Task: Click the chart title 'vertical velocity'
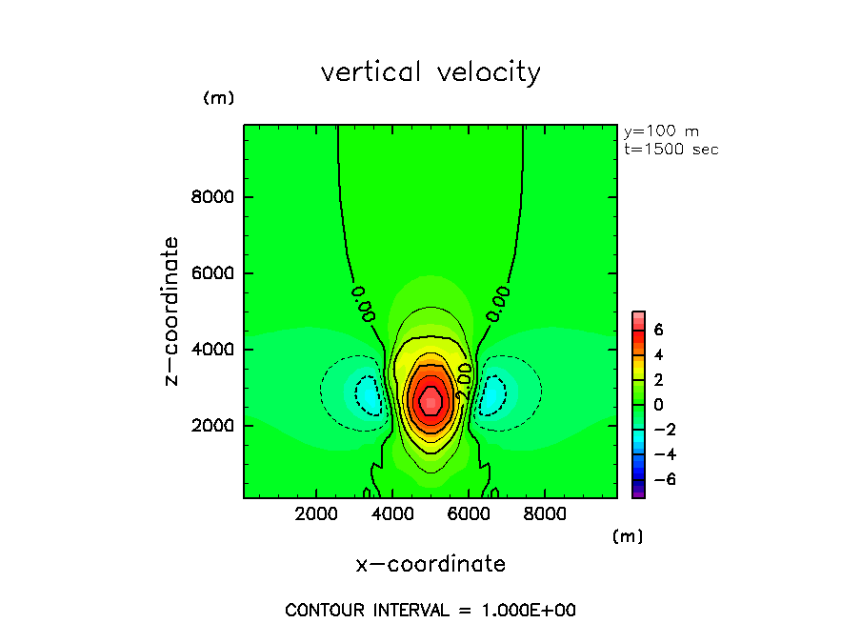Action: click(x=430, y=72)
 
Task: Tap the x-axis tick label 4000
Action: click(x=392, y=514)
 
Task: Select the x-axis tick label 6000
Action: click(x=468, y=514)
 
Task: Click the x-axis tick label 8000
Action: click(x=544, y=514)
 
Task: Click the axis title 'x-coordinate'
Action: click(x=430, y=564)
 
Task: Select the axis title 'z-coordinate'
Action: click(x=172, y=311)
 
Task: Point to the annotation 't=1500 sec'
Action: click(x=671, y=149)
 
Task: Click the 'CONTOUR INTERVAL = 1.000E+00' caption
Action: click(x=430, y=610)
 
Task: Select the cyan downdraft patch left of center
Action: click(x=367, y=392)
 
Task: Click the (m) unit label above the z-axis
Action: click(x=218, y=98)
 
